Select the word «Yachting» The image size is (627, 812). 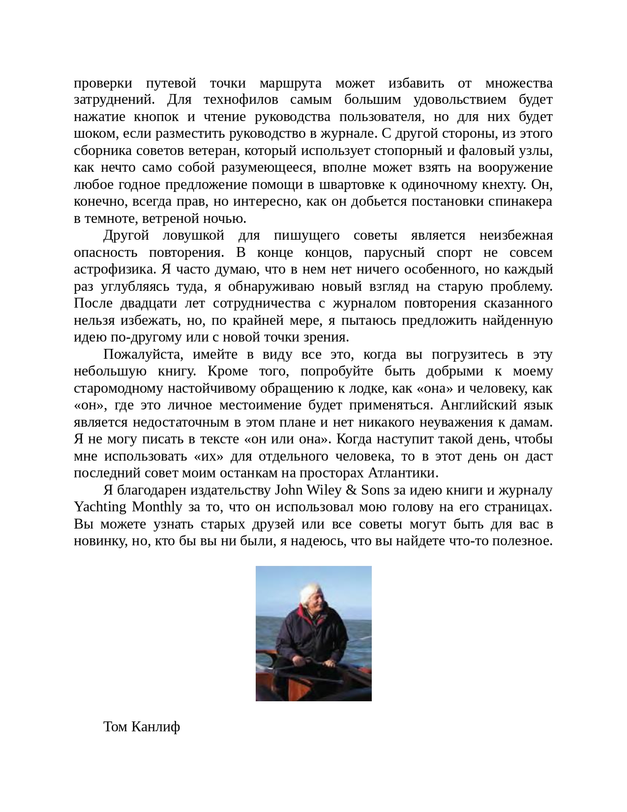(x=100, y=507)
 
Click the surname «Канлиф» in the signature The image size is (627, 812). (x=156, y=726)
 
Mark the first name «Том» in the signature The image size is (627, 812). (x=116, y=726)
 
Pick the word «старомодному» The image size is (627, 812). (x=119, y=388)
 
